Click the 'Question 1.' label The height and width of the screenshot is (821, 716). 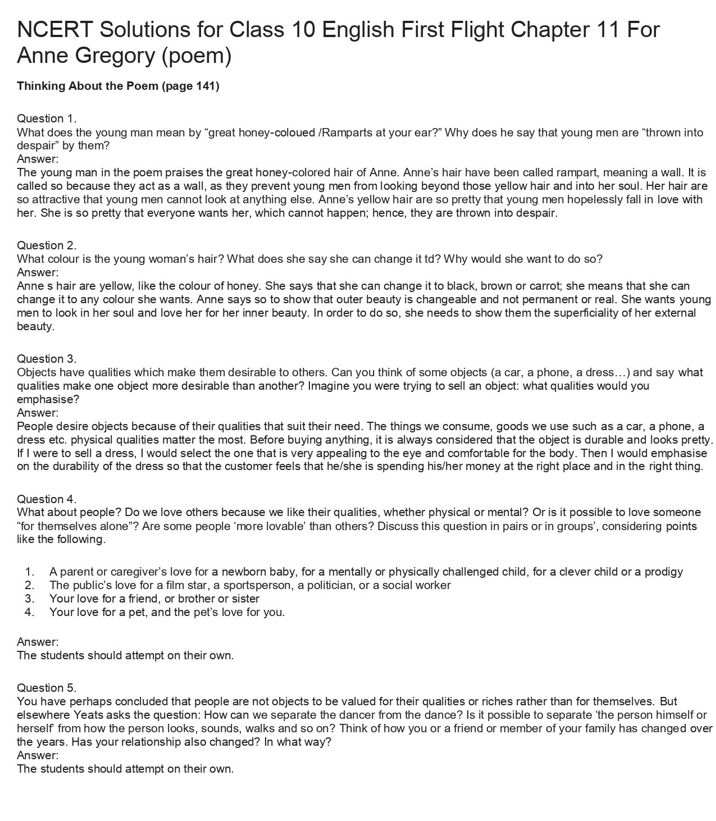point(47,118)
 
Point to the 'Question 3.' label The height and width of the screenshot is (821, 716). point(47,359)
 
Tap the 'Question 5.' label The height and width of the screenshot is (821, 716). point(47,688)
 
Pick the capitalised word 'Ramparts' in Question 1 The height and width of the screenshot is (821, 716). point(345,133)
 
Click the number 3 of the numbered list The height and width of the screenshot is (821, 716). point(30,599)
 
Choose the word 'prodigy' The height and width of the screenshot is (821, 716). point(663,572)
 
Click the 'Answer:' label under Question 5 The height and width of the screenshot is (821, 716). point(38,755)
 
